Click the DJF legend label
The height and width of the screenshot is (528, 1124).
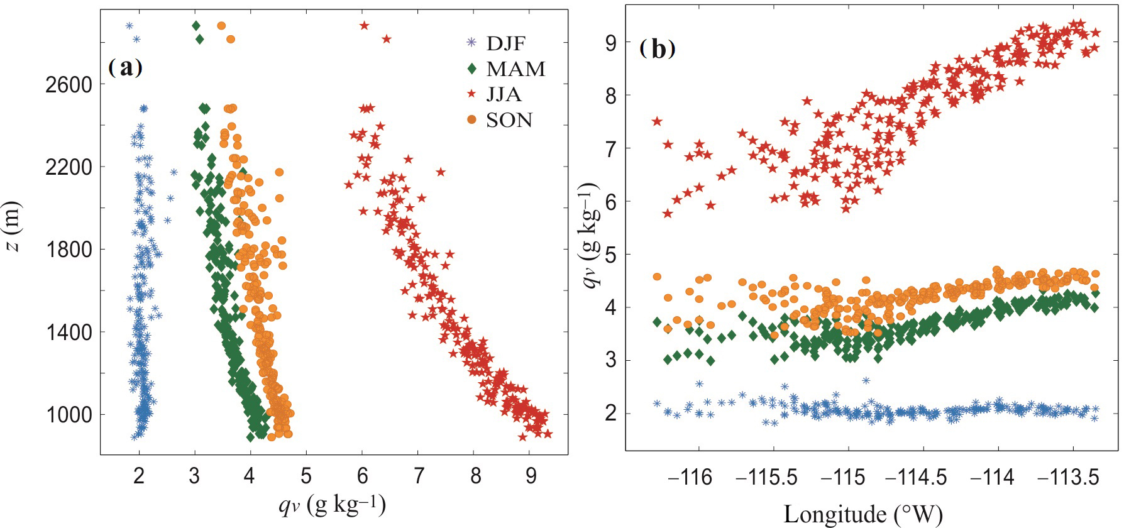click(505, 43)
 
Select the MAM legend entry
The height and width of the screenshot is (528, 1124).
click(515, 69)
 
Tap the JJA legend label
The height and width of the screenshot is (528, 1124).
click(504, 94)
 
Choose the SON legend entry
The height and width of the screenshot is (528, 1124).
click(509, 119)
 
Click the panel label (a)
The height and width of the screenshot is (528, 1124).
click(126, 67)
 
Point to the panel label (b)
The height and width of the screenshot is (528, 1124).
click(658, 48)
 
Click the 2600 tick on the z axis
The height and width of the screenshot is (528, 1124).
click(69, 85)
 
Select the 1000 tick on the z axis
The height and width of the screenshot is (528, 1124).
click(69, 415)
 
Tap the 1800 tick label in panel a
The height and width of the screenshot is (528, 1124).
click(69, 250)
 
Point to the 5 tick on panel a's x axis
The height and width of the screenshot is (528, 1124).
click(306, 476)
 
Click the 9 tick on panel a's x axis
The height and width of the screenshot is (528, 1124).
click(531, 476)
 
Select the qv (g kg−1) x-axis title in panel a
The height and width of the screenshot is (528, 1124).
click(332, 505)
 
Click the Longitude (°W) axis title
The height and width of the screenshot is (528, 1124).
click(862, 514)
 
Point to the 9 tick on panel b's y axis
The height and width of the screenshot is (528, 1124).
click(611, 43)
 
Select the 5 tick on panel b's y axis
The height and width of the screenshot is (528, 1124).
click(611, 255)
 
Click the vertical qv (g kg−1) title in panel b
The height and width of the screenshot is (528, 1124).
click(592, 236)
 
